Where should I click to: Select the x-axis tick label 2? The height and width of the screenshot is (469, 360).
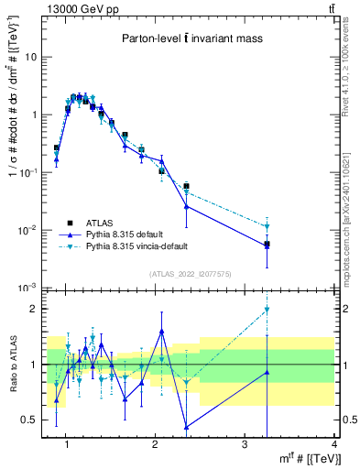coord(155,445)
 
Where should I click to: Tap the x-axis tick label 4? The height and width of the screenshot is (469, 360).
coord(334,445)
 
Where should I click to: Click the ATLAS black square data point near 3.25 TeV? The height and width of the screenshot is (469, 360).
coord(267,245)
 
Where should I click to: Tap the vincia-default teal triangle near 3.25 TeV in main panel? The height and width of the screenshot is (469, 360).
coord(267,226)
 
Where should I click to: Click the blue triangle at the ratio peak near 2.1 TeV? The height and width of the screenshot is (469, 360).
coord(162,332)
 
